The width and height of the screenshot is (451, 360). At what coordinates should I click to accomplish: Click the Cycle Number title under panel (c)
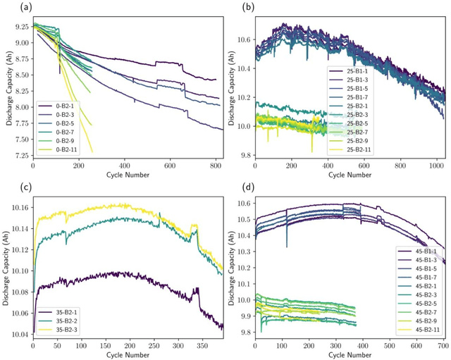125,354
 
